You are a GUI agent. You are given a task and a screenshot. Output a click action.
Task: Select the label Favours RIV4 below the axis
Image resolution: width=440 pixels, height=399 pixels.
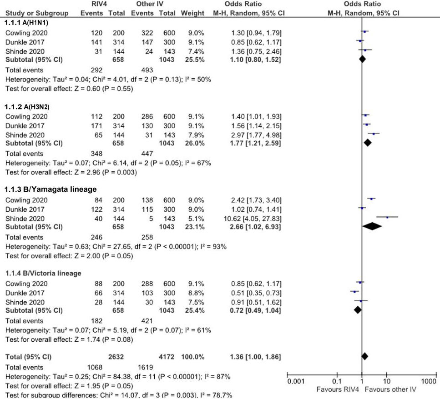tap(336, 390)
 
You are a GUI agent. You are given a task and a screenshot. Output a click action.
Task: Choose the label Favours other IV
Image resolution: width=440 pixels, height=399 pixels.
tap(389, 390)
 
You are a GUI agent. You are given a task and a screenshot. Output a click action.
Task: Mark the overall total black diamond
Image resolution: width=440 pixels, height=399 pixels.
tap(364, 355)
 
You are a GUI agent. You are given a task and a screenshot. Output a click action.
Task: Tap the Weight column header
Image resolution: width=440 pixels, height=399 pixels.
tap(192, 13)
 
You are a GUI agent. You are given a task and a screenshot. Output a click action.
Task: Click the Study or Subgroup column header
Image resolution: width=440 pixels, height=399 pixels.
tap(37, 13)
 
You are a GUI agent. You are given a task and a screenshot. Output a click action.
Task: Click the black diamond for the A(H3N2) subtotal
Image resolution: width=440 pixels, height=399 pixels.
tap(368, 143)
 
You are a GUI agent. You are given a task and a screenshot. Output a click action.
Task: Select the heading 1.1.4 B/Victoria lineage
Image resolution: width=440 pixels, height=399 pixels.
tap(43, 273)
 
